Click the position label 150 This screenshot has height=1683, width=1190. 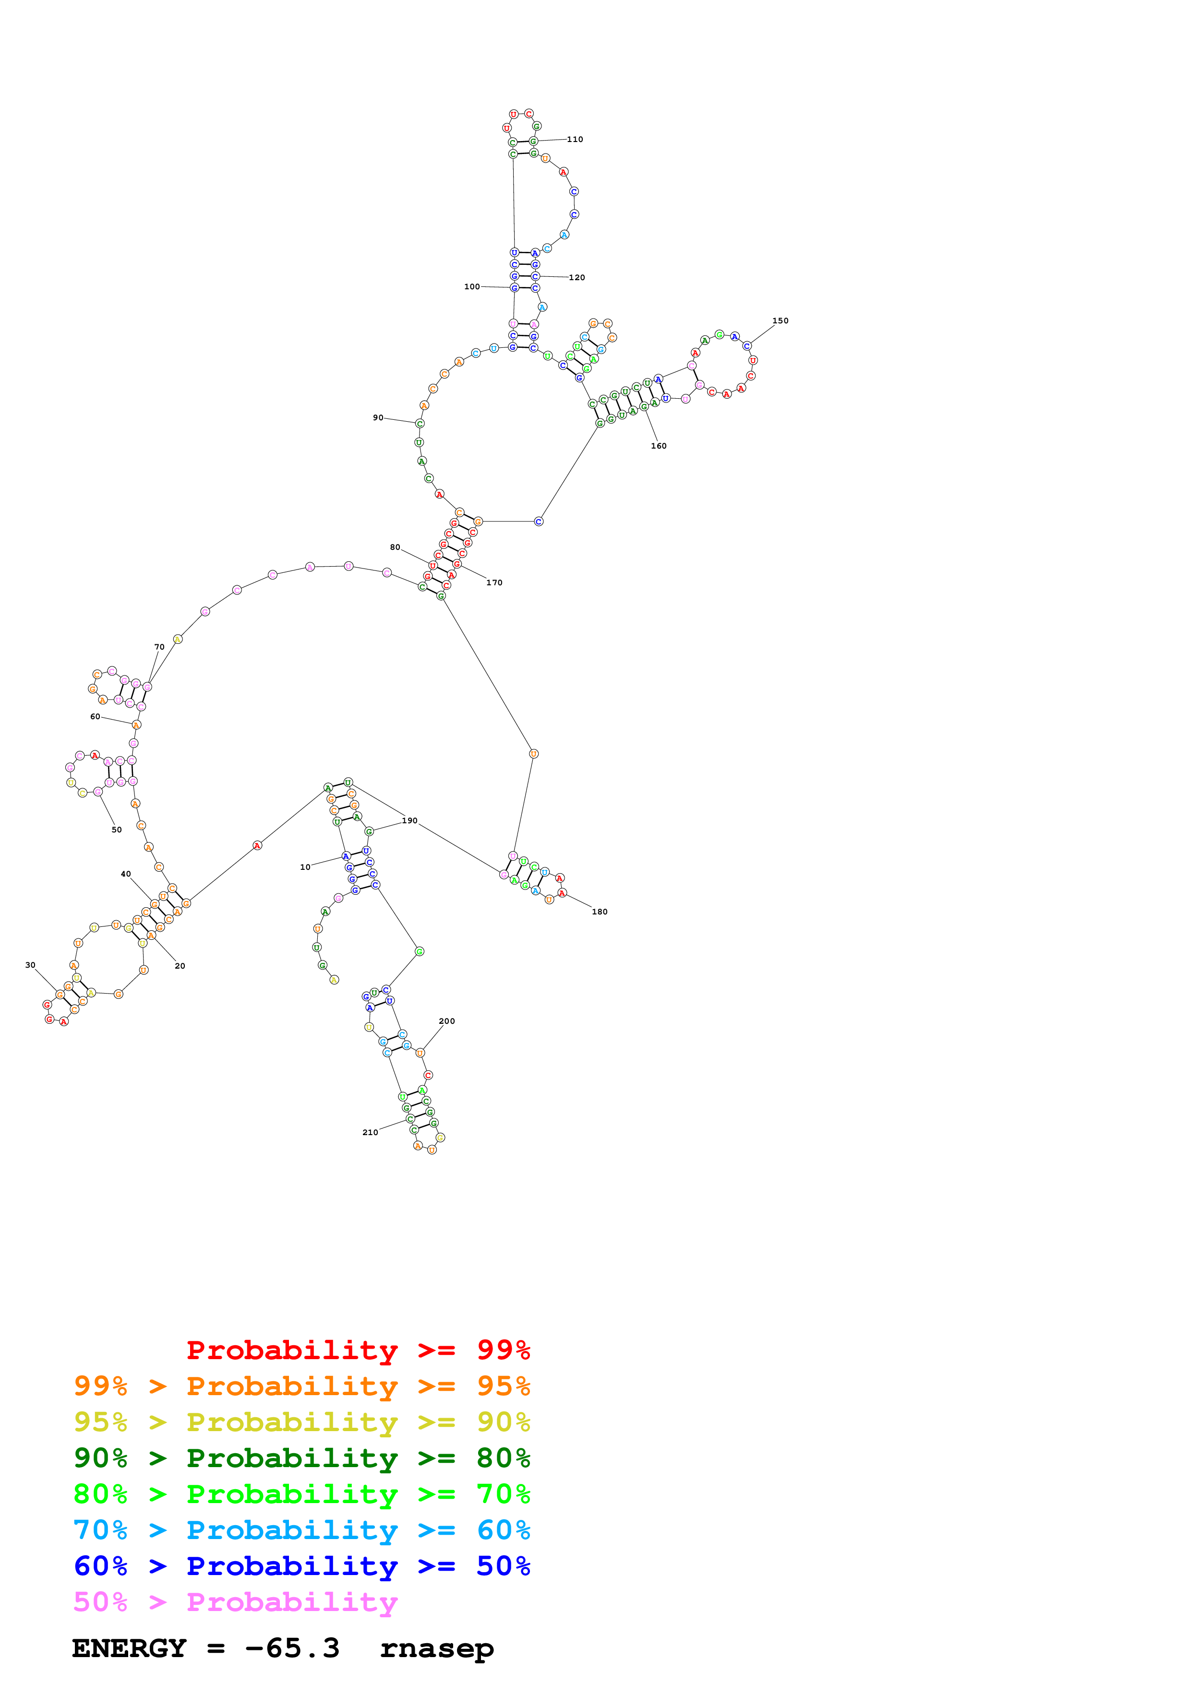(x=780, y=320)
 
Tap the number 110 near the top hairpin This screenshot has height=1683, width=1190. (x=575, y=139)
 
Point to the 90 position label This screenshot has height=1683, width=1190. (x=378, y=418)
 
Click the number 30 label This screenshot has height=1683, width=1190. (x=30, y=965)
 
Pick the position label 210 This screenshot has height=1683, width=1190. (x=370, y=1133)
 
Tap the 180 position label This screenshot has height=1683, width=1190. (x=599, y=912)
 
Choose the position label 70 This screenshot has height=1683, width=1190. (x=159, y=647)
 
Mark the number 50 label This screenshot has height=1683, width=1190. (x=117, y=830)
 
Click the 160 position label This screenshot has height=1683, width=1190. (x=659, y=446)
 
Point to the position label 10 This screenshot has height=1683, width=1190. (x=305, y=867)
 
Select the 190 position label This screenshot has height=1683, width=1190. (x=409, y=821)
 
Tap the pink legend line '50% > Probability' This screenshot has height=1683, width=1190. (x=235, y=1602)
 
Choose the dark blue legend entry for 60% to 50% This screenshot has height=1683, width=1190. (x=301, y=1566)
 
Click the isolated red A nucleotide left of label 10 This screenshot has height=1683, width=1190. (x=257, y=846)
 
